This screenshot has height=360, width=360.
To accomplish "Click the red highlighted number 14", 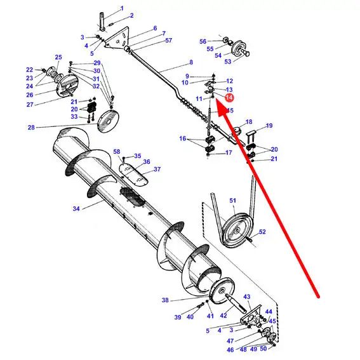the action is [229, 98].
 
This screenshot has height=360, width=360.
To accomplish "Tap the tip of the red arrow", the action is [217, 101].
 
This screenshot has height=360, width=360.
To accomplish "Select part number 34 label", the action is [76, 209].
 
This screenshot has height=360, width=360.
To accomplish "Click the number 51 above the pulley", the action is [233, 201].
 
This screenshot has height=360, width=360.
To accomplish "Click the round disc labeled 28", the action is [108, 121].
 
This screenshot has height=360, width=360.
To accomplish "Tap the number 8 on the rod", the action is [191, 62].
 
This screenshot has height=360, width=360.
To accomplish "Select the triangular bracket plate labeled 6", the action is [116, 38].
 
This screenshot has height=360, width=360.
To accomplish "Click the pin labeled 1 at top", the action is [102, 22].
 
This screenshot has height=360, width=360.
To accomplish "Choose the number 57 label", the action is [168, 41].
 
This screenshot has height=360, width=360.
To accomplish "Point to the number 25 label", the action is [58, 57].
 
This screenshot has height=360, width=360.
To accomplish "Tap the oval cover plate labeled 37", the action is [133, 174].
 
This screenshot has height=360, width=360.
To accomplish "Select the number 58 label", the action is [117, 152].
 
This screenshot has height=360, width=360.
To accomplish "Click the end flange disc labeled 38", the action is [222, 291].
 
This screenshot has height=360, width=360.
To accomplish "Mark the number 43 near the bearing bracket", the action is [247, 297].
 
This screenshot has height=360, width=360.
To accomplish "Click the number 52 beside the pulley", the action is [262, 232].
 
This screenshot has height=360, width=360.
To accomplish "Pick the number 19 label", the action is [269, 126].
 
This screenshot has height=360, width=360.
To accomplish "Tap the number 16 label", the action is [183, 138].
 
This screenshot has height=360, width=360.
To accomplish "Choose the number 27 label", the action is [30, 105].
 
